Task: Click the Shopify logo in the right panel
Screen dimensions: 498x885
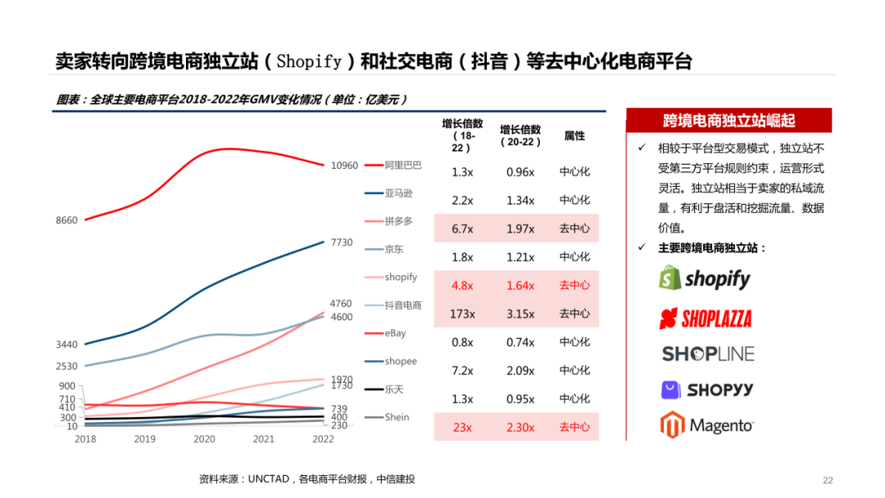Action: click(x=705, y=278)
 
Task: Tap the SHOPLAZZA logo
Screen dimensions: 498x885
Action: click(x=705, y=318)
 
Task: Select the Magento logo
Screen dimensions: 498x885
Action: click(x=706, y=425)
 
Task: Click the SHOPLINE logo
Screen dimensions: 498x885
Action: click(x=707, y=354)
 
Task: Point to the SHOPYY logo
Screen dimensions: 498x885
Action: click(x=706, y=390)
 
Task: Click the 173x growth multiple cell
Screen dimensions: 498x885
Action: click(x=462, y=314)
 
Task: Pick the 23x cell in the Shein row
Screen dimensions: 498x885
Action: click(x=462, y=427)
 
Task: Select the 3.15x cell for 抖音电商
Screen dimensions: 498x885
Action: click(x=520, y=314)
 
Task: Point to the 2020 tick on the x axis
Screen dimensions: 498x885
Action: click(x=204, y=439)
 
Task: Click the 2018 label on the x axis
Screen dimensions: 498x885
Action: click(x=85, y=439)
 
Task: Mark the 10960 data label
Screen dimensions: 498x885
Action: click(x=344, y=165)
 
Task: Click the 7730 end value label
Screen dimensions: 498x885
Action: click(x=341, y=242)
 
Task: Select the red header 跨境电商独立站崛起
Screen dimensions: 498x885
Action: click(x=728, y=121)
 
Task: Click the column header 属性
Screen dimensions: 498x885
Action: click(x=574, y=136)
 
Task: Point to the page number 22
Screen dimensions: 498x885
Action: click(x=827, y=480)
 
